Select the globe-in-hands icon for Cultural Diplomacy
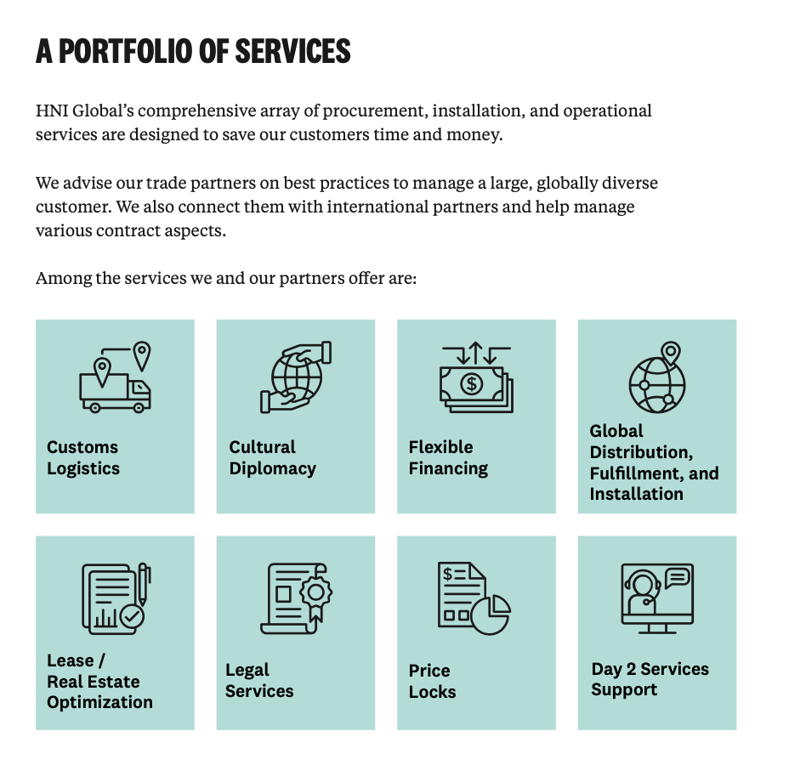[296, 377]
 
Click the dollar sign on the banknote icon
[472, 384]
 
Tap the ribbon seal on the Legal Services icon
[316, 597]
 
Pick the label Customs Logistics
[83, 457]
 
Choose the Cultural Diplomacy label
[272, 457]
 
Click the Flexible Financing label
[448, 457]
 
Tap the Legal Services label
[259, 681]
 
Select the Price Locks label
[432, 681]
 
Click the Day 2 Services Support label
[650, 679]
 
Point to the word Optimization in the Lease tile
[99, 702]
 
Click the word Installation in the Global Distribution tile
[637, 494]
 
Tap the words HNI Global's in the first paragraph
[85, 110]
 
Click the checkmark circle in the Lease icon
[133, 616]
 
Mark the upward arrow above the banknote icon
[476, 353]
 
